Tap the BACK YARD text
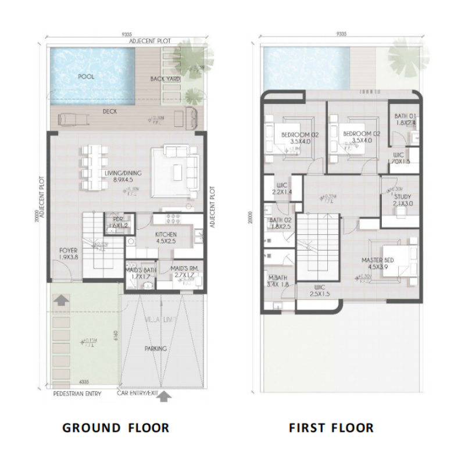[x=166, y=78]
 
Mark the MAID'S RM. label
[x=185, y=271]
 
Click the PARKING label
[x=156, y=349]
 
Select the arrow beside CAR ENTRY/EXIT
[x=165, y=396]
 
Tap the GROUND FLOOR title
[x=116, y=428]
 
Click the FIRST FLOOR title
[x=331, y=428]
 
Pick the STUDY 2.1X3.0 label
[x=402, y=201]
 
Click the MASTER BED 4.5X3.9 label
[x=378, y=264]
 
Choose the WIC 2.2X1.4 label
[x=281, y=189]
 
